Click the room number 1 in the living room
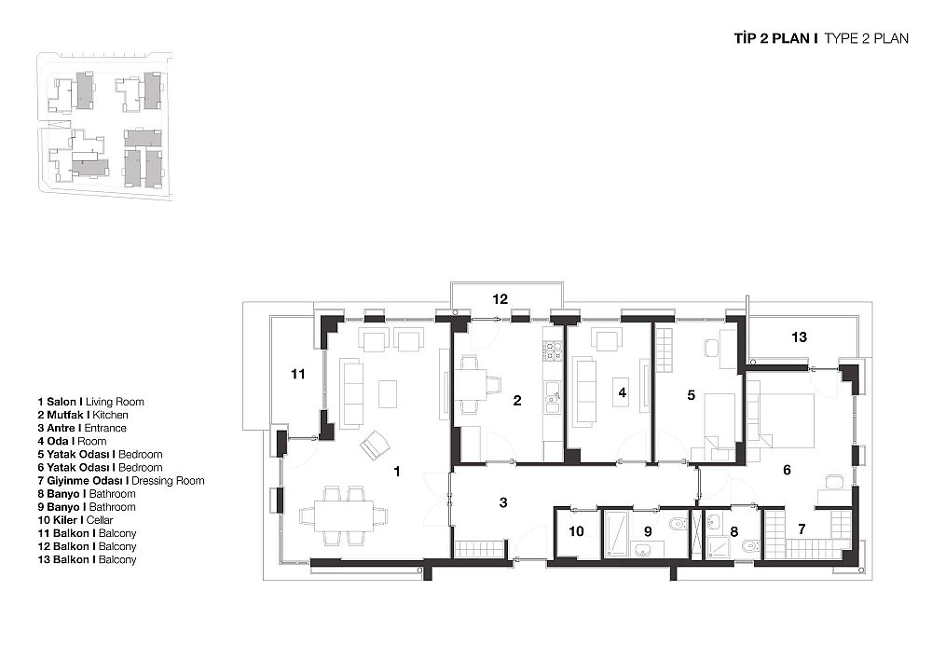coord(397,472)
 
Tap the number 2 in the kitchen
coord(517,401)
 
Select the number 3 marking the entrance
coord(503,502)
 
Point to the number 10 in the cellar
coord(576,531)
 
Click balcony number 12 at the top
coord(500,299)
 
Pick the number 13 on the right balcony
coord(799,337)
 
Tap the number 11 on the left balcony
coord(298,374)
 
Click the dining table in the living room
coord(344,515)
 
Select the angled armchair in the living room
coord(375,444)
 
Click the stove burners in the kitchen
coord(553,350)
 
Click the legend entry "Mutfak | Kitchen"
coord(83,415)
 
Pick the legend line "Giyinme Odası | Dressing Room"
coord(120,481)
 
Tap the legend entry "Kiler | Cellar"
coord(75,520)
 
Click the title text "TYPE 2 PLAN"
coord(866,38)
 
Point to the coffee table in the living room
coord(388,393)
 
